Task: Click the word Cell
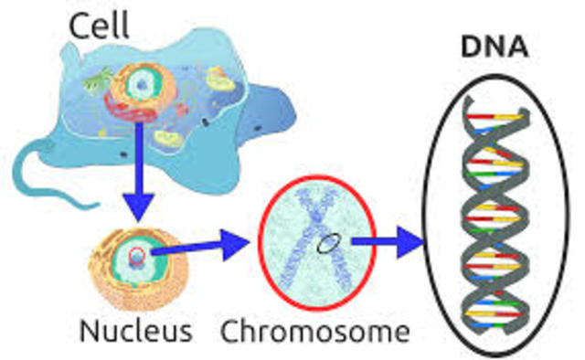click(x=98, y=25)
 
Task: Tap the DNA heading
click(x=495, y=47)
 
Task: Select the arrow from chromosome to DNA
click(x=389, y=243)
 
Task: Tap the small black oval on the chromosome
click(x=326, y=244)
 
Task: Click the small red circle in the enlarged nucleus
click(x=135, y=258)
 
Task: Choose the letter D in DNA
click(x=470, y=47)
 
